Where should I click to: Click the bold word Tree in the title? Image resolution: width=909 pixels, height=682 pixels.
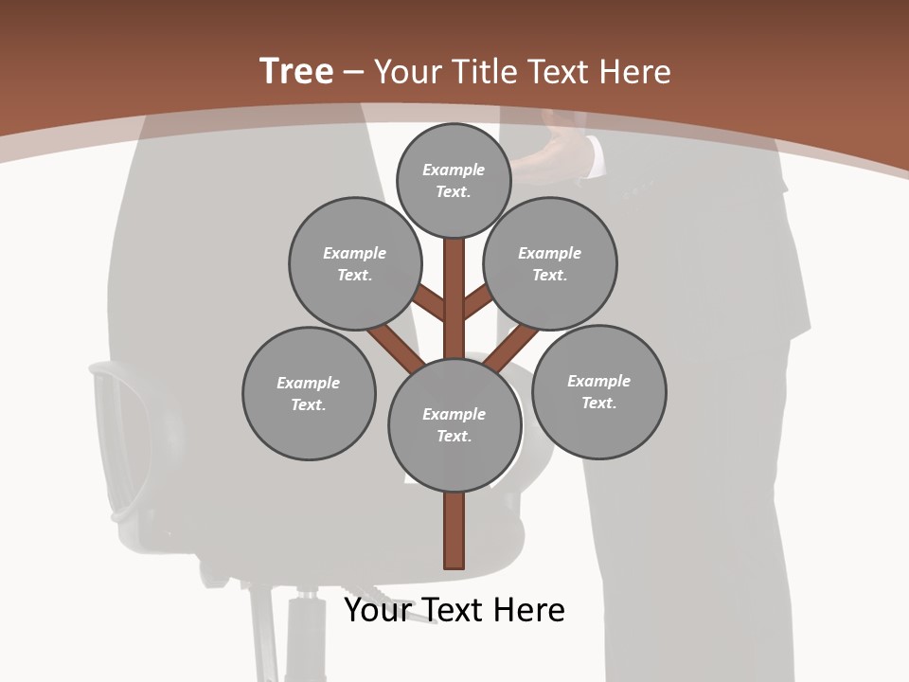click(296, 71)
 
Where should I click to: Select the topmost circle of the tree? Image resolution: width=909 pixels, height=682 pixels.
click(454, 180)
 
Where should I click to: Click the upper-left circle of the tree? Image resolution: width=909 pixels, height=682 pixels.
click(355, 264)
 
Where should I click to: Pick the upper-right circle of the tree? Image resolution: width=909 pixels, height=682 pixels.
click(550, 264)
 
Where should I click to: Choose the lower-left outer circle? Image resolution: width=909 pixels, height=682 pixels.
click(309, 394)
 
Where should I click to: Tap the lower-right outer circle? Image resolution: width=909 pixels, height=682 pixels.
click(598, 392)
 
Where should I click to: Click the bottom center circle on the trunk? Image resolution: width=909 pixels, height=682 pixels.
click(454, 425)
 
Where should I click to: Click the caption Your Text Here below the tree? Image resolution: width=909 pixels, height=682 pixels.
click(454, 610)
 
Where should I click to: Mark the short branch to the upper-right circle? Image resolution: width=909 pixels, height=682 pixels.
click(477, 303)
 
